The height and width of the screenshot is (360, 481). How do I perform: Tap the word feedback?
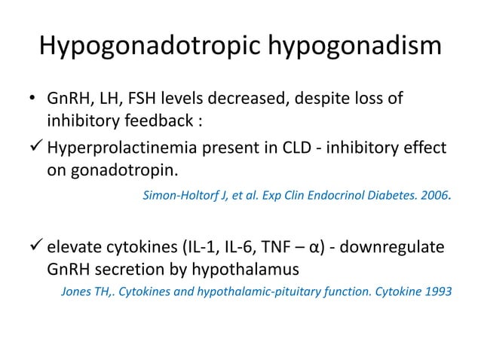[152, 122]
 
